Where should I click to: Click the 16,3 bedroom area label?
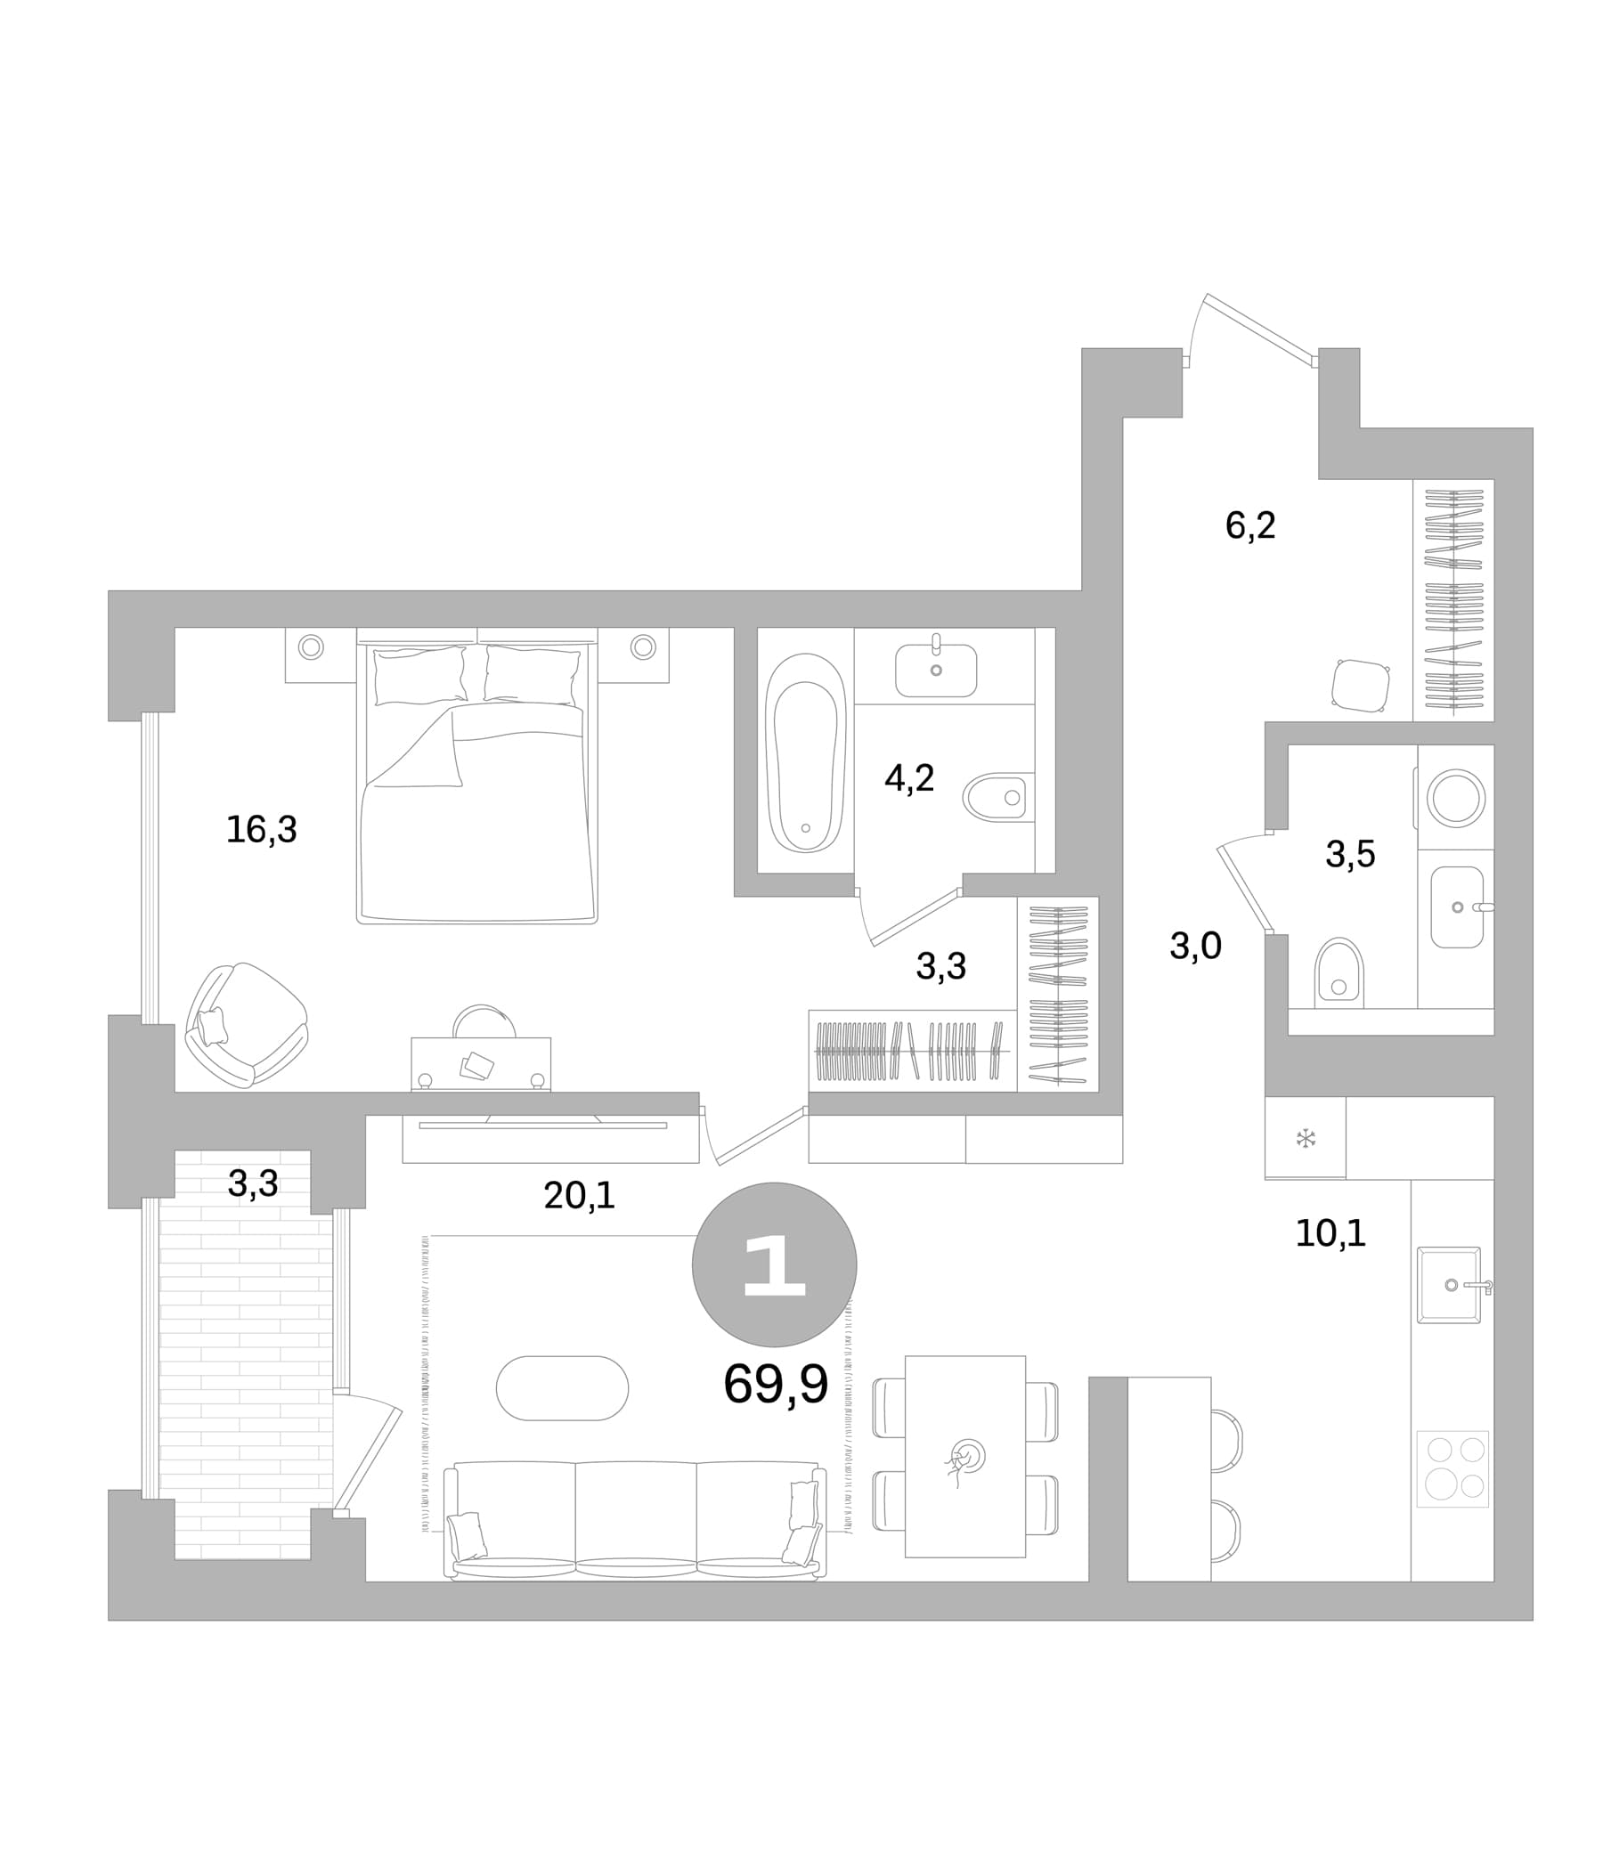click(x=261, y=829)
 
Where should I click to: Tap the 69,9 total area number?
click(x=776, y=1384)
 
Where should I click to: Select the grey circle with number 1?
click(x=774, y=1264)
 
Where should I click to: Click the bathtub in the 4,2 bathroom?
click(x=805, y=752)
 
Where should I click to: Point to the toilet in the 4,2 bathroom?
click(x=998, y=797)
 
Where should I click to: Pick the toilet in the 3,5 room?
click(x=1339, y=973)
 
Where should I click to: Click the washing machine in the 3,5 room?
click(x=1455, y=798)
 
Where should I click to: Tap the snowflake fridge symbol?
click(x=1306, y=1138)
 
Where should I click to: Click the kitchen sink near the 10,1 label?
click(x=1450, y=1285)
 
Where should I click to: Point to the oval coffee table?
click(x=561, y=1388)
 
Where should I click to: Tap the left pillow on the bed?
click(x=419, y=675)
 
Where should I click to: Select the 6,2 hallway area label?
click(x=1250, y=525)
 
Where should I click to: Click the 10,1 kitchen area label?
click(x=1330, y=1232)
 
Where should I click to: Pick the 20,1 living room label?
click(x=580, y=1196)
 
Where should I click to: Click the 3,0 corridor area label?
click(x=1195, y=946)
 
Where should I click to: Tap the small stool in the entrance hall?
click(x=1360, y=686)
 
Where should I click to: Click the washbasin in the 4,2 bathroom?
click(x=936, y=670)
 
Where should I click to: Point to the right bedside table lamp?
click(x=643, y=646)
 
